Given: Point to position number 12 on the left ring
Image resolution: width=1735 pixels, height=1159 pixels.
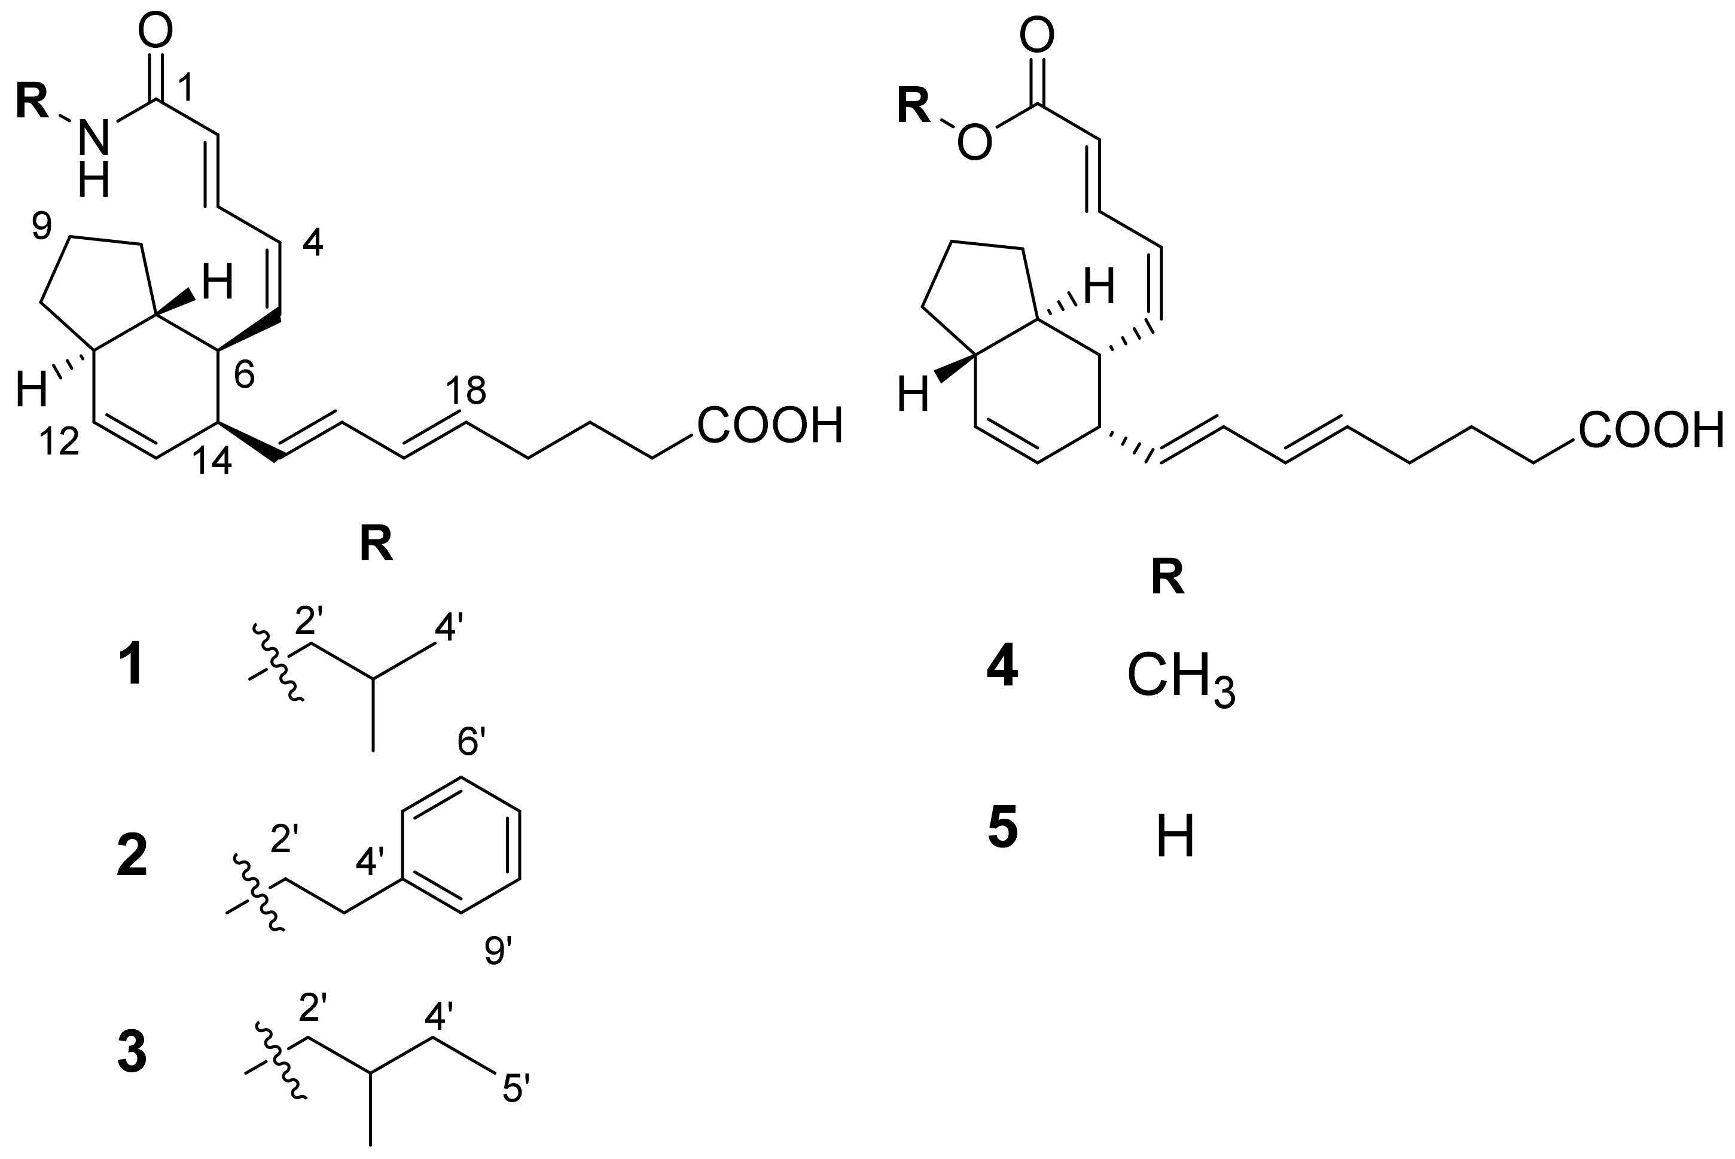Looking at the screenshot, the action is tap(59, 441).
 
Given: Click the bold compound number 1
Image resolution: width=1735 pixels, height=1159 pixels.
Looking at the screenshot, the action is tap(132, 664).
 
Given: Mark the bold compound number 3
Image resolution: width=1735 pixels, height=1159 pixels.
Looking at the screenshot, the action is tap(132, 1053).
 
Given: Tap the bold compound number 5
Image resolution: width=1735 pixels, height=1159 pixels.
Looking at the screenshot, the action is tap(1002, 829).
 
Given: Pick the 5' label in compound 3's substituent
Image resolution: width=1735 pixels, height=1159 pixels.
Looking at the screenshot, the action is tap(516, 1088).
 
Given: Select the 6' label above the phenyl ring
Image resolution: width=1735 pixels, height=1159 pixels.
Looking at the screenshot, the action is tap(472, 742).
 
